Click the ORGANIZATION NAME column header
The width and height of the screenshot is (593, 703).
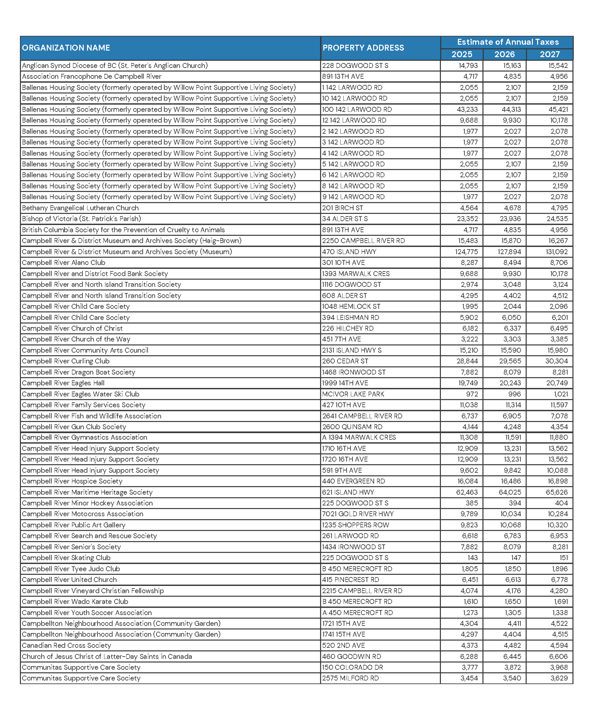pyautogui.click(x=66, y=48)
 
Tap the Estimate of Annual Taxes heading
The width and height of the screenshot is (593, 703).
pyautogui.click(x=508, y=42)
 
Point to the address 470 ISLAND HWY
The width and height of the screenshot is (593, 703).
pyautogui.click(x=349, y=252)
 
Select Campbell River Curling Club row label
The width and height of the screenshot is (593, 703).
pyautogui.click(x=66, y=361)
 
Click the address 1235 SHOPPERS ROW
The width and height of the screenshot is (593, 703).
pyautogui.click(x=355, y=525)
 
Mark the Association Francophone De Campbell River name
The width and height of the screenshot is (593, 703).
pyautogui.click(x=91, y=77)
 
